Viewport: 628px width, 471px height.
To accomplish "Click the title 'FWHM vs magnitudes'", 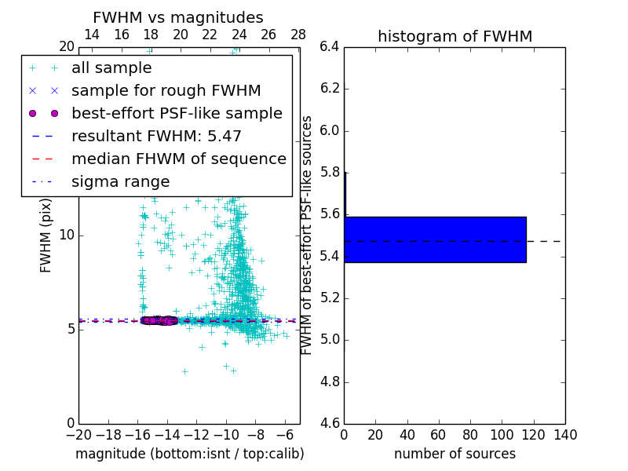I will [x=178, y=17].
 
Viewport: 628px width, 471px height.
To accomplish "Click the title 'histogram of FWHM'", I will [x=455, y=36].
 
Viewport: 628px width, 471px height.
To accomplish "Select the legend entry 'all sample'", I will [x=111, y=68].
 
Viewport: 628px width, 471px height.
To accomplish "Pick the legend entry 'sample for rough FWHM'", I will [x=166, y=90].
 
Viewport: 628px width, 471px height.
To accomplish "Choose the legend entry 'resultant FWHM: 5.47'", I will [x=156, y=136].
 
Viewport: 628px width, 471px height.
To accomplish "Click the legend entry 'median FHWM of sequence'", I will [x=178, y=159].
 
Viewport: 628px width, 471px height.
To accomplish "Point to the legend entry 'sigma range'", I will [x=120, y=181].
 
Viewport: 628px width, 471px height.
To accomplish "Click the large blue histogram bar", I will [x=435, y=239].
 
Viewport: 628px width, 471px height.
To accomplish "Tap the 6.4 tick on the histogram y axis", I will [x=330, y=46].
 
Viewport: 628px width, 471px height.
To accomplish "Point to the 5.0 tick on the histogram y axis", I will [x=330, y=340].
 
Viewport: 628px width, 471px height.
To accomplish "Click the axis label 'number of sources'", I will [x=455, y=454].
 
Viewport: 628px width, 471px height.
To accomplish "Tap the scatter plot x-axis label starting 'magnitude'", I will [x=189, y=454].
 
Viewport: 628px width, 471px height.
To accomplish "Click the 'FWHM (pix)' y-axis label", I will [x=46, y=235].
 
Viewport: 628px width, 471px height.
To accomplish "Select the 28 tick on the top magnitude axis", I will [x=298, y=35].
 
